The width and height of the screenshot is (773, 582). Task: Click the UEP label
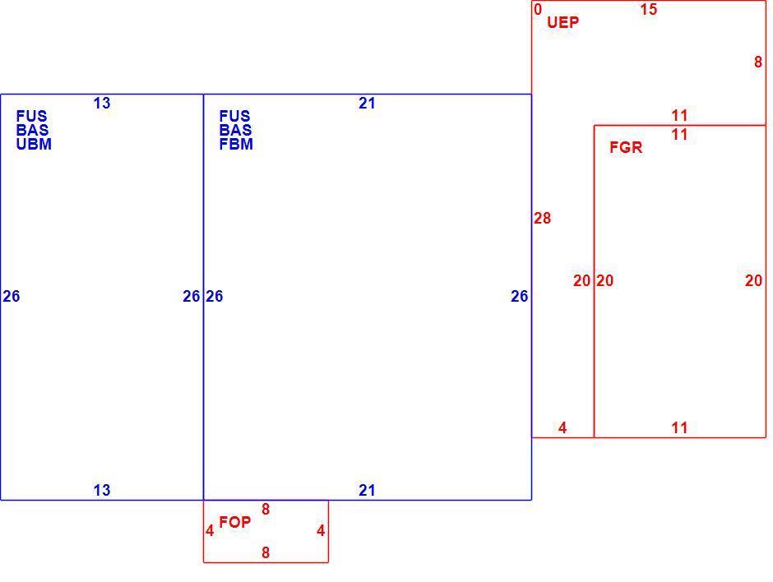pos(562,22)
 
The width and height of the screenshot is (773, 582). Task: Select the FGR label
pos(626,147)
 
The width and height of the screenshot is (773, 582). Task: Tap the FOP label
pos(234,522)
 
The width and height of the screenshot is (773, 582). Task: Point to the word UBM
pos(34,145)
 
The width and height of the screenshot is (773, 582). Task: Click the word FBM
pos(236,145)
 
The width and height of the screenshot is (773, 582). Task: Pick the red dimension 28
pos(542,218)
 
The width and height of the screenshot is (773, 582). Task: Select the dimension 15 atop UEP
pos(649,9)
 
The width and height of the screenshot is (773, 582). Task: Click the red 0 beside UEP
pos(538,9)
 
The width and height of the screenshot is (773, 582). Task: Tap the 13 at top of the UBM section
pos(102,103)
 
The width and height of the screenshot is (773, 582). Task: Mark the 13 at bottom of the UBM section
pos(102,490)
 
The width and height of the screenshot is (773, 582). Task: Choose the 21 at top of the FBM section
pos(367,103)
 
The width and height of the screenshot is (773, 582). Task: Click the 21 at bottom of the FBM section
pos(367,490)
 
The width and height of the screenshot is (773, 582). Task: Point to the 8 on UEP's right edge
pos(758,62)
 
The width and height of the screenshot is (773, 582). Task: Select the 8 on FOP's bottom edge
pos(266,552)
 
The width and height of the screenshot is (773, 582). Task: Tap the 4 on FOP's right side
pos(321,531)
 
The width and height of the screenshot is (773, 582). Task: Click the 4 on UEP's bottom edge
pos(562,427)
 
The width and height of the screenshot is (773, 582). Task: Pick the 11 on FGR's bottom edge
pos(679,427)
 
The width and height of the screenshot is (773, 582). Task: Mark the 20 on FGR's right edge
pos(753,280)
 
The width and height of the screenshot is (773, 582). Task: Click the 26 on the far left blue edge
pos(12,296)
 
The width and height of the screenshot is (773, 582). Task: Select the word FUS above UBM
pos(32,116)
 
